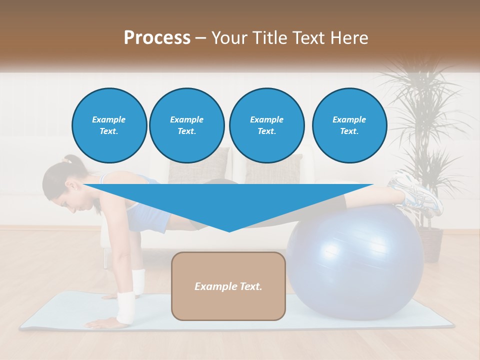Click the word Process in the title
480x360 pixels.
[157, 38]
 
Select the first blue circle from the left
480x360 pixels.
[109, 125]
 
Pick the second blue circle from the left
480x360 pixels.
[186, 125]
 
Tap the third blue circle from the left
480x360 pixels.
[266, 125]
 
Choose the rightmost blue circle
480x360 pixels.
[349, 125]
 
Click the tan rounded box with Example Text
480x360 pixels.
[228, 286]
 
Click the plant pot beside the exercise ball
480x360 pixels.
[430, 244]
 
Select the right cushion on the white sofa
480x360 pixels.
[274, 168]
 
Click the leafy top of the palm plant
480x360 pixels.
[420, 100]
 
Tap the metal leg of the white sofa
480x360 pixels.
[105, 258]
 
